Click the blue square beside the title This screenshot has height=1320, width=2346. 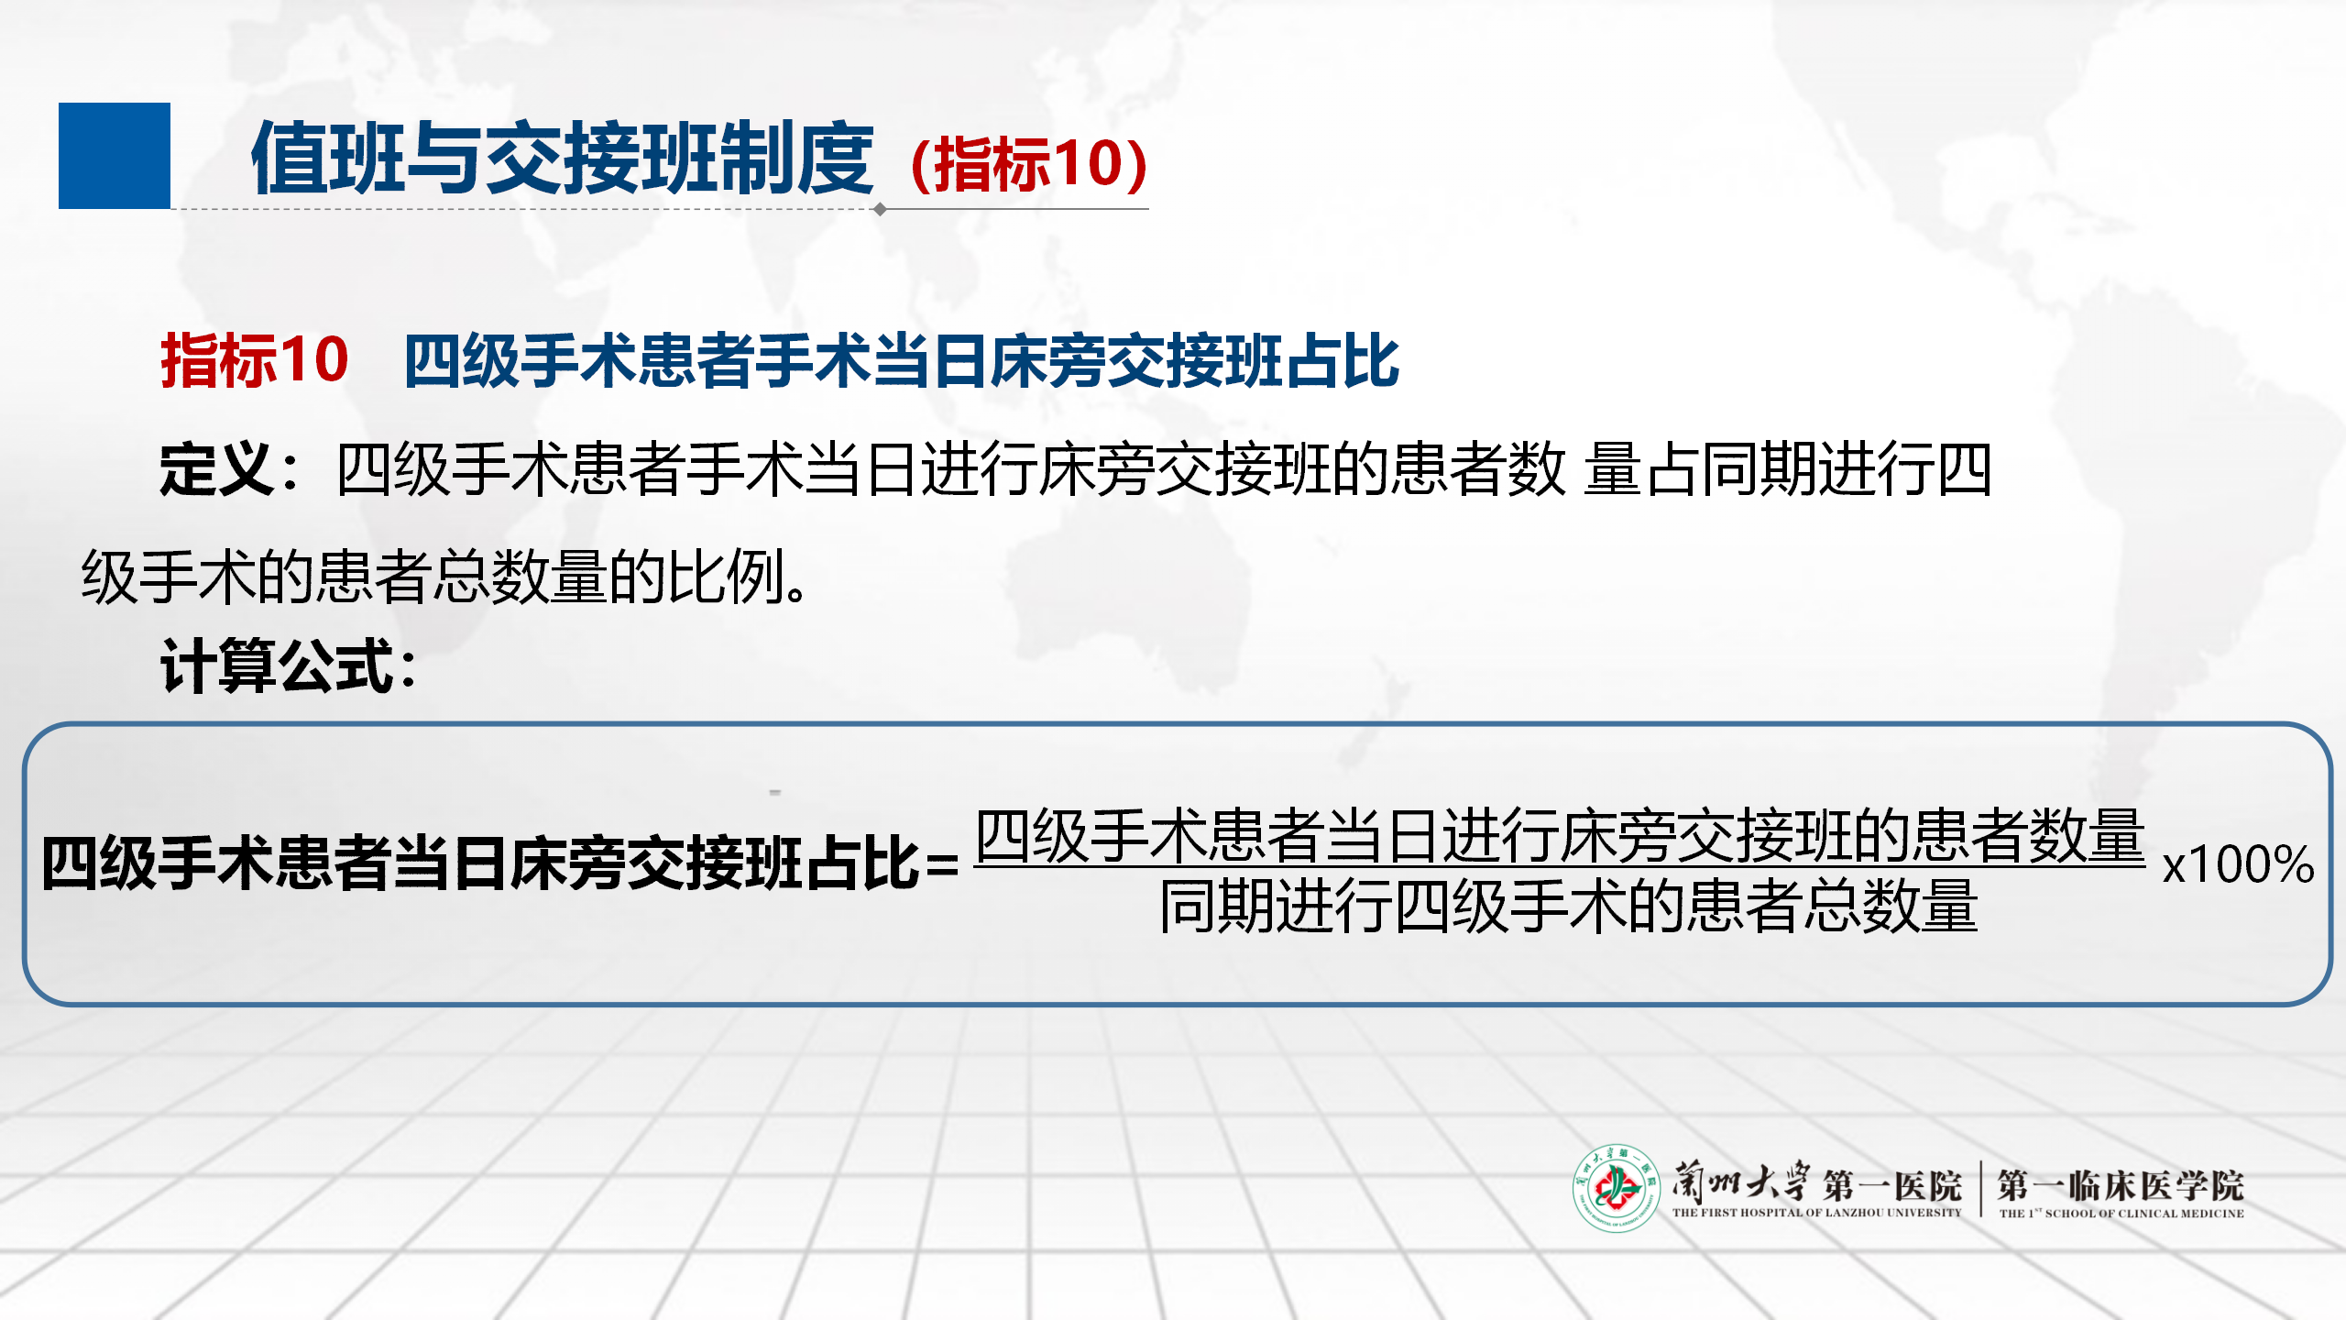tap(115, 156)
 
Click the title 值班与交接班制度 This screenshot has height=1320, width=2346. tap(563, 159)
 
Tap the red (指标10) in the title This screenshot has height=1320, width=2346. tap(1029, 164)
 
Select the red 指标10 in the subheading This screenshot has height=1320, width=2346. tap(255, 359)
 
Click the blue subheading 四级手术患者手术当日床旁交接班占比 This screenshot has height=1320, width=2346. tap(902, 360)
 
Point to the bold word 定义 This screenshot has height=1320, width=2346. tap(217, 468)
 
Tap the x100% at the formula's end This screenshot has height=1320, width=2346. tap(2238, 863)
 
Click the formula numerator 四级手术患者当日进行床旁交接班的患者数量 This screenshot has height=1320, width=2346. tap(1560, 835)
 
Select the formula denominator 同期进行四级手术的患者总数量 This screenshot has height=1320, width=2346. tap(1568, 906)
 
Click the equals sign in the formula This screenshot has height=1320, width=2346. tap(942, 864)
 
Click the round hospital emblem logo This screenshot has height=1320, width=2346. tap(1617, 1188)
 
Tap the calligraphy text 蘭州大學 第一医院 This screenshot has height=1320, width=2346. tap(1816, 1182)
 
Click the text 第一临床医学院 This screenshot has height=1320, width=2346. tap(2121, 1185)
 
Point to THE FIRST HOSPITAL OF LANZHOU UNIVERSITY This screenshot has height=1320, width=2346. tap(1816, 1213)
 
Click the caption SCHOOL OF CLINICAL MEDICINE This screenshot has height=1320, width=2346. tap(2144, 1214)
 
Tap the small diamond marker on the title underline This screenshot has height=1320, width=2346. tap(880, 209)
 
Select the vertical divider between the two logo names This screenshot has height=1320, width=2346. tap(1980, 1189)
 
